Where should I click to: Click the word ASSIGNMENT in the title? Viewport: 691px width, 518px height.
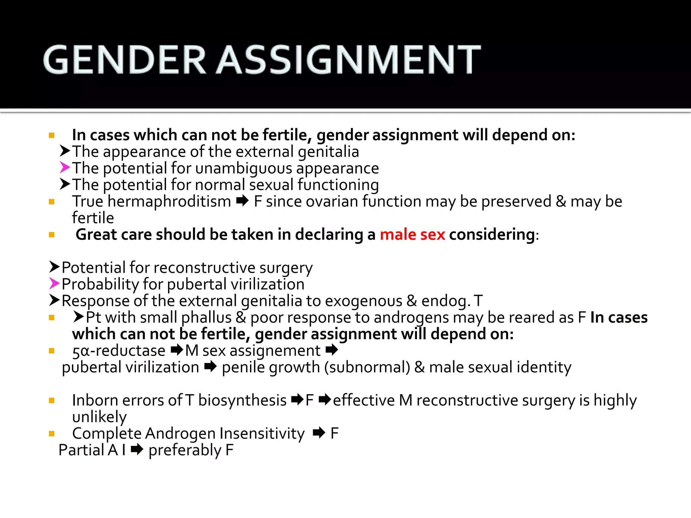coord(349,60)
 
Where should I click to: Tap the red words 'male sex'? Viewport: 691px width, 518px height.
coord(412,234)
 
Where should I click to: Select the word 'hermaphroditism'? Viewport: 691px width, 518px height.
coord(169,202)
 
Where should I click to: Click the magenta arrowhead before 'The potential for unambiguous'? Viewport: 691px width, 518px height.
coord(65,168)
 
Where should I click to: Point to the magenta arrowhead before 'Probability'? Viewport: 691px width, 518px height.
coord(54,284)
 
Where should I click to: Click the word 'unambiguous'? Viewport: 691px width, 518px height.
coord(243,168)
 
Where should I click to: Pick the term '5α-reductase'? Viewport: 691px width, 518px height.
coord(119,351)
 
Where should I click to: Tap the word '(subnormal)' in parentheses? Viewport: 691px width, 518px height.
coord(367,367)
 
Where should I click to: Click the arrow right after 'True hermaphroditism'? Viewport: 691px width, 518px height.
coord(242,201)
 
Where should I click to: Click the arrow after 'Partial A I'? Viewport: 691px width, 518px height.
coord(137,450)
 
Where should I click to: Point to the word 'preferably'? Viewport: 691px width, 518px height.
coord(185,451)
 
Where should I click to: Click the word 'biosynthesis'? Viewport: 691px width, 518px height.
coord(242,401)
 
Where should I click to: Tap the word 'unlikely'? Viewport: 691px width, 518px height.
coord(99,417)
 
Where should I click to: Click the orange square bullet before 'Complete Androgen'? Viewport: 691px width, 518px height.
coord(52,434)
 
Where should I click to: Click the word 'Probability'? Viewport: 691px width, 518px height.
coord(100,284)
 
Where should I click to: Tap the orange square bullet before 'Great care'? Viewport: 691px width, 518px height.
coord(52,235)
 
